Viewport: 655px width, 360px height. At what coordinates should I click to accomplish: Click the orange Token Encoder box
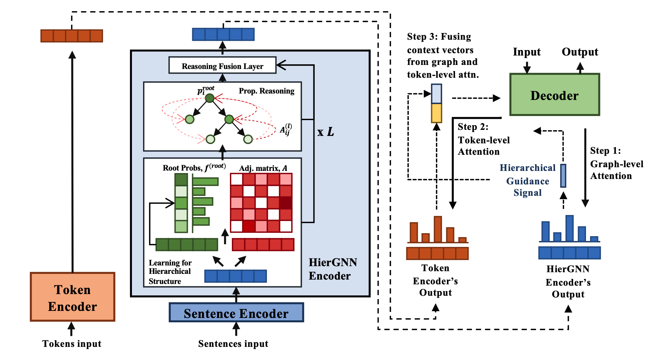coord(72,297)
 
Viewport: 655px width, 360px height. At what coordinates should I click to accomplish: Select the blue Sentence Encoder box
coord(236,313)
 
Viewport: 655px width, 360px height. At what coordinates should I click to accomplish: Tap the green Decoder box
coord(554,95)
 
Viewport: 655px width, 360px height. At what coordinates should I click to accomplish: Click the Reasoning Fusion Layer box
coord(222,66)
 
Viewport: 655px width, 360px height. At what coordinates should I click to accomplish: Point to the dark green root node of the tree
coord(210,98)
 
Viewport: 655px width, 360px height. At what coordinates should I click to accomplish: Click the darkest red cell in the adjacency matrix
coord(286,203)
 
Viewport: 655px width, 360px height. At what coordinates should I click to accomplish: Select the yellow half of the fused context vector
coord(437,113)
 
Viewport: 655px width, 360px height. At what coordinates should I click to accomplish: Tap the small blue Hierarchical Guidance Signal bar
coord(563,175)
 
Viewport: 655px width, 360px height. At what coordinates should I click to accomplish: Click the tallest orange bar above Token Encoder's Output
coord(438,229)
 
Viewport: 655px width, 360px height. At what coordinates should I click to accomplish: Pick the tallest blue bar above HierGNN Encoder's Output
coord(570,228)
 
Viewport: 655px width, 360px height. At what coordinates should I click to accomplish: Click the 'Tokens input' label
coord(72,344)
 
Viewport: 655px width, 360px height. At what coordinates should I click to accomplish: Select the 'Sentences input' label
coord(233,344)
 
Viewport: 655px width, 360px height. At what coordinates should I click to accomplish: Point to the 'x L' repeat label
coord(325,132)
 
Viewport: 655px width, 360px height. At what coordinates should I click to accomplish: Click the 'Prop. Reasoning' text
coord(266,91)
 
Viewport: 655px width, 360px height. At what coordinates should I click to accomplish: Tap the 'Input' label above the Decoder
coord(526,52)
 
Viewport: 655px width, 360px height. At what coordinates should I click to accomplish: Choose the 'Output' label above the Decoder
coord(580,52)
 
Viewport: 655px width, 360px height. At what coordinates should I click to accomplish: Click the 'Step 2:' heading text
coord(473,127)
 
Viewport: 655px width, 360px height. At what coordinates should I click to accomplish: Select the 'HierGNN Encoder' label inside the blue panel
coord(332,269)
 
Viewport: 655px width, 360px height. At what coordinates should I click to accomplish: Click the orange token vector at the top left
coord(72,36)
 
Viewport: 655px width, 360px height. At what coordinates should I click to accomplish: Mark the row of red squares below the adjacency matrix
coord(263,245)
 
